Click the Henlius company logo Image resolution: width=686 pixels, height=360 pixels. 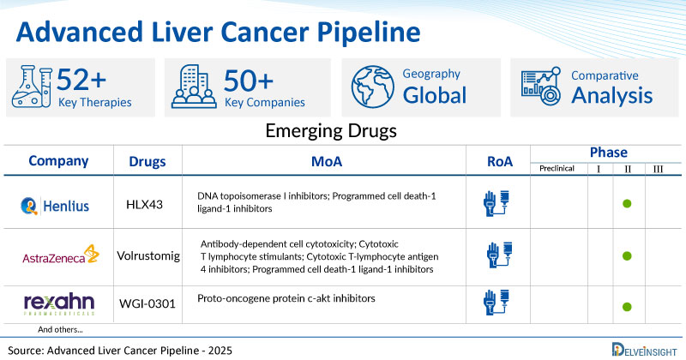[58, 203]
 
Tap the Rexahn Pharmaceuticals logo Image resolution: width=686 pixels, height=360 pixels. [58, 305]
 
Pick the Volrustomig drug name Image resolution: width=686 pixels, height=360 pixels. [147, 255]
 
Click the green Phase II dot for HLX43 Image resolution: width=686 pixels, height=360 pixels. [627, 204]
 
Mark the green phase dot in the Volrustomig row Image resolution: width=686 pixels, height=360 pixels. [627, 255]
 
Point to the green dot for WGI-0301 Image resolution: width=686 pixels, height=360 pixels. [627, 307]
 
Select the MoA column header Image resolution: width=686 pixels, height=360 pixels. [322, 161]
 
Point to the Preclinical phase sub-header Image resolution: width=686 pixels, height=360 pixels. [557, 168]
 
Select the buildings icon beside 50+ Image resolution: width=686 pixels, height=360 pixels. [195, 87]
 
